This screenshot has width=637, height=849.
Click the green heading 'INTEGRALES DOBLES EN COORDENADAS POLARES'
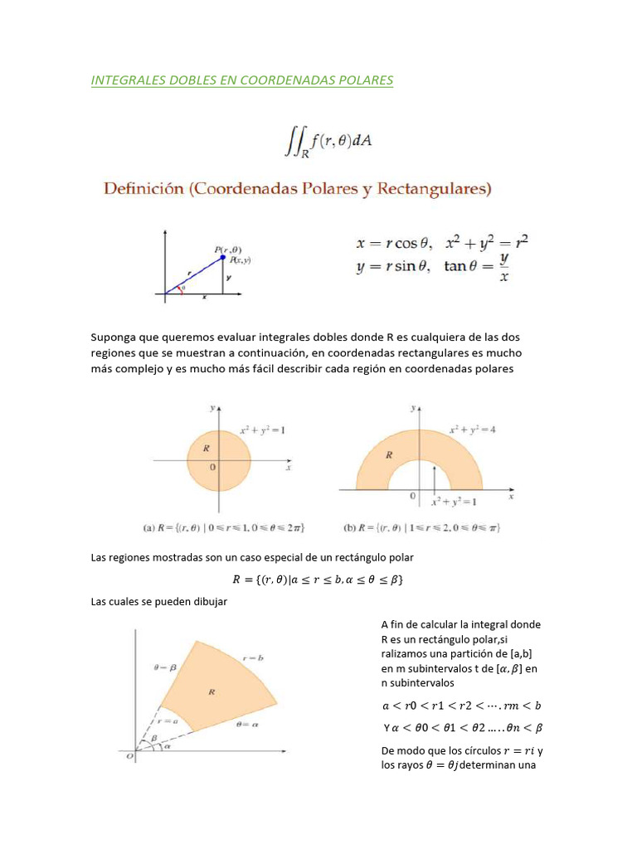[241, 80]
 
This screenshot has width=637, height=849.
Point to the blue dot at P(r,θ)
[222, 257]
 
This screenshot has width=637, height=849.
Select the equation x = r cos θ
[391, 244]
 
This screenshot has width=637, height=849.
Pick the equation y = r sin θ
[391, 267]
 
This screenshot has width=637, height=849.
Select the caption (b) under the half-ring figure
[421, 527]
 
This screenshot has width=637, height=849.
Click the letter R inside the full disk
[206, 449]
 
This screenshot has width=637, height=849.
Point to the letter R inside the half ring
[388, 455]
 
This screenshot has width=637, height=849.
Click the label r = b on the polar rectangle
[253, 657]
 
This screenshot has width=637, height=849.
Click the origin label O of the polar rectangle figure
[128, 756]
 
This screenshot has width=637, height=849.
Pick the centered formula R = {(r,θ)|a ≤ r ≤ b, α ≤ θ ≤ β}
[318, 580]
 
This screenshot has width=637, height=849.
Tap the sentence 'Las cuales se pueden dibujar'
[158, 602]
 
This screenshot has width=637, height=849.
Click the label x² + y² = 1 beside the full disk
[263, 429]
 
